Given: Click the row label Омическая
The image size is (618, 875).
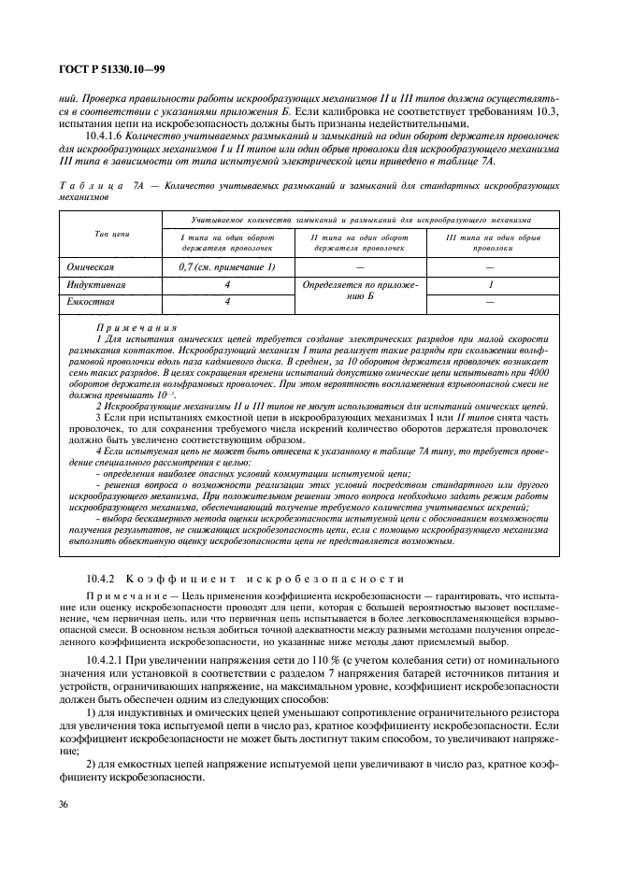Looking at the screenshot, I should (x=91, y=267).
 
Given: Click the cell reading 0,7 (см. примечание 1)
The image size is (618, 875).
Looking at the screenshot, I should (x=227, y=267).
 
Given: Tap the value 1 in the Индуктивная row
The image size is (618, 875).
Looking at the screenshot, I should (x=491, y=285).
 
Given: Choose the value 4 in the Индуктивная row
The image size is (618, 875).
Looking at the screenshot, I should (x=227, y=285).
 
